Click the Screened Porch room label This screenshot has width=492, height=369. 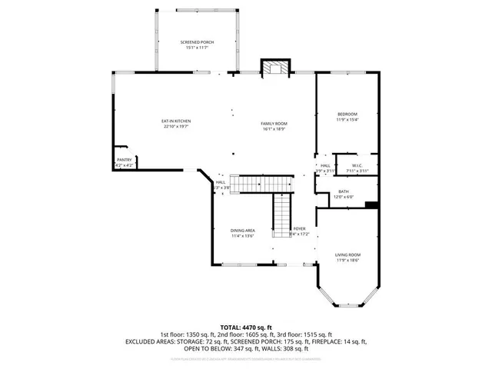[197, 42]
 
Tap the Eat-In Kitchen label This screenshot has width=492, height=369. [176, 121]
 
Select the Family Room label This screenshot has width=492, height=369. [274, 123]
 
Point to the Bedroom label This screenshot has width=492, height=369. [347, 114]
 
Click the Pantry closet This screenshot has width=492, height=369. [124, 161]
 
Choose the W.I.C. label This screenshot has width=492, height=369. [357, 165]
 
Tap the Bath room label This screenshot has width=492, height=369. [344, 191]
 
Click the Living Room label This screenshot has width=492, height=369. [347, 254]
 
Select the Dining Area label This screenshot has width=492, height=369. [243, 231]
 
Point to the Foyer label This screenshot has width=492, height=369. [299, 228]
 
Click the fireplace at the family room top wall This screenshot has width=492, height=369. [274, 68]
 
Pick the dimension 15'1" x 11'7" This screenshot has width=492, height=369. [197, 48]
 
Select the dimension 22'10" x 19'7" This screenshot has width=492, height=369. [176, 127]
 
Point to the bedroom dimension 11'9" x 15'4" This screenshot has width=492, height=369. [347, 120]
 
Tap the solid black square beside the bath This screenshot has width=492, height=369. [372, 204]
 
